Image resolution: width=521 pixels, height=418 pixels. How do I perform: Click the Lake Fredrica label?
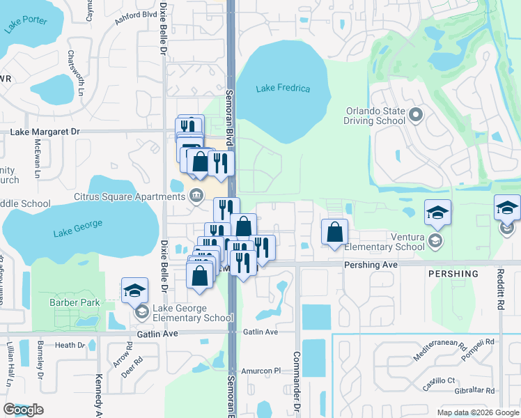click(x=283, y=88)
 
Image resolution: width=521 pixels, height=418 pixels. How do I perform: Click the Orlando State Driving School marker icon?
click(x=417, y=114)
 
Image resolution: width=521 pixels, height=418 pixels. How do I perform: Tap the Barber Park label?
click(x=75, y=303)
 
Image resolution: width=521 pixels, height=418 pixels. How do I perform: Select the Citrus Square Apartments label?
click(x=130, y=197)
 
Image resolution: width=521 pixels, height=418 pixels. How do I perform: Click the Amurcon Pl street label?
click(x=260, y=371)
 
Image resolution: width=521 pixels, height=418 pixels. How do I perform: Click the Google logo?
click(x=23, y=410)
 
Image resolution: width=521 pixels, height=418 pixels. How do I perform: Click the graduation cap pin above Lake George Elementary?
click(x=135, y=291)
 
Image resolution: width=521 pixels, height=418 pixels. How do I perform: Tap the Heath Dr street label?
click(x=70, y=345)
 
